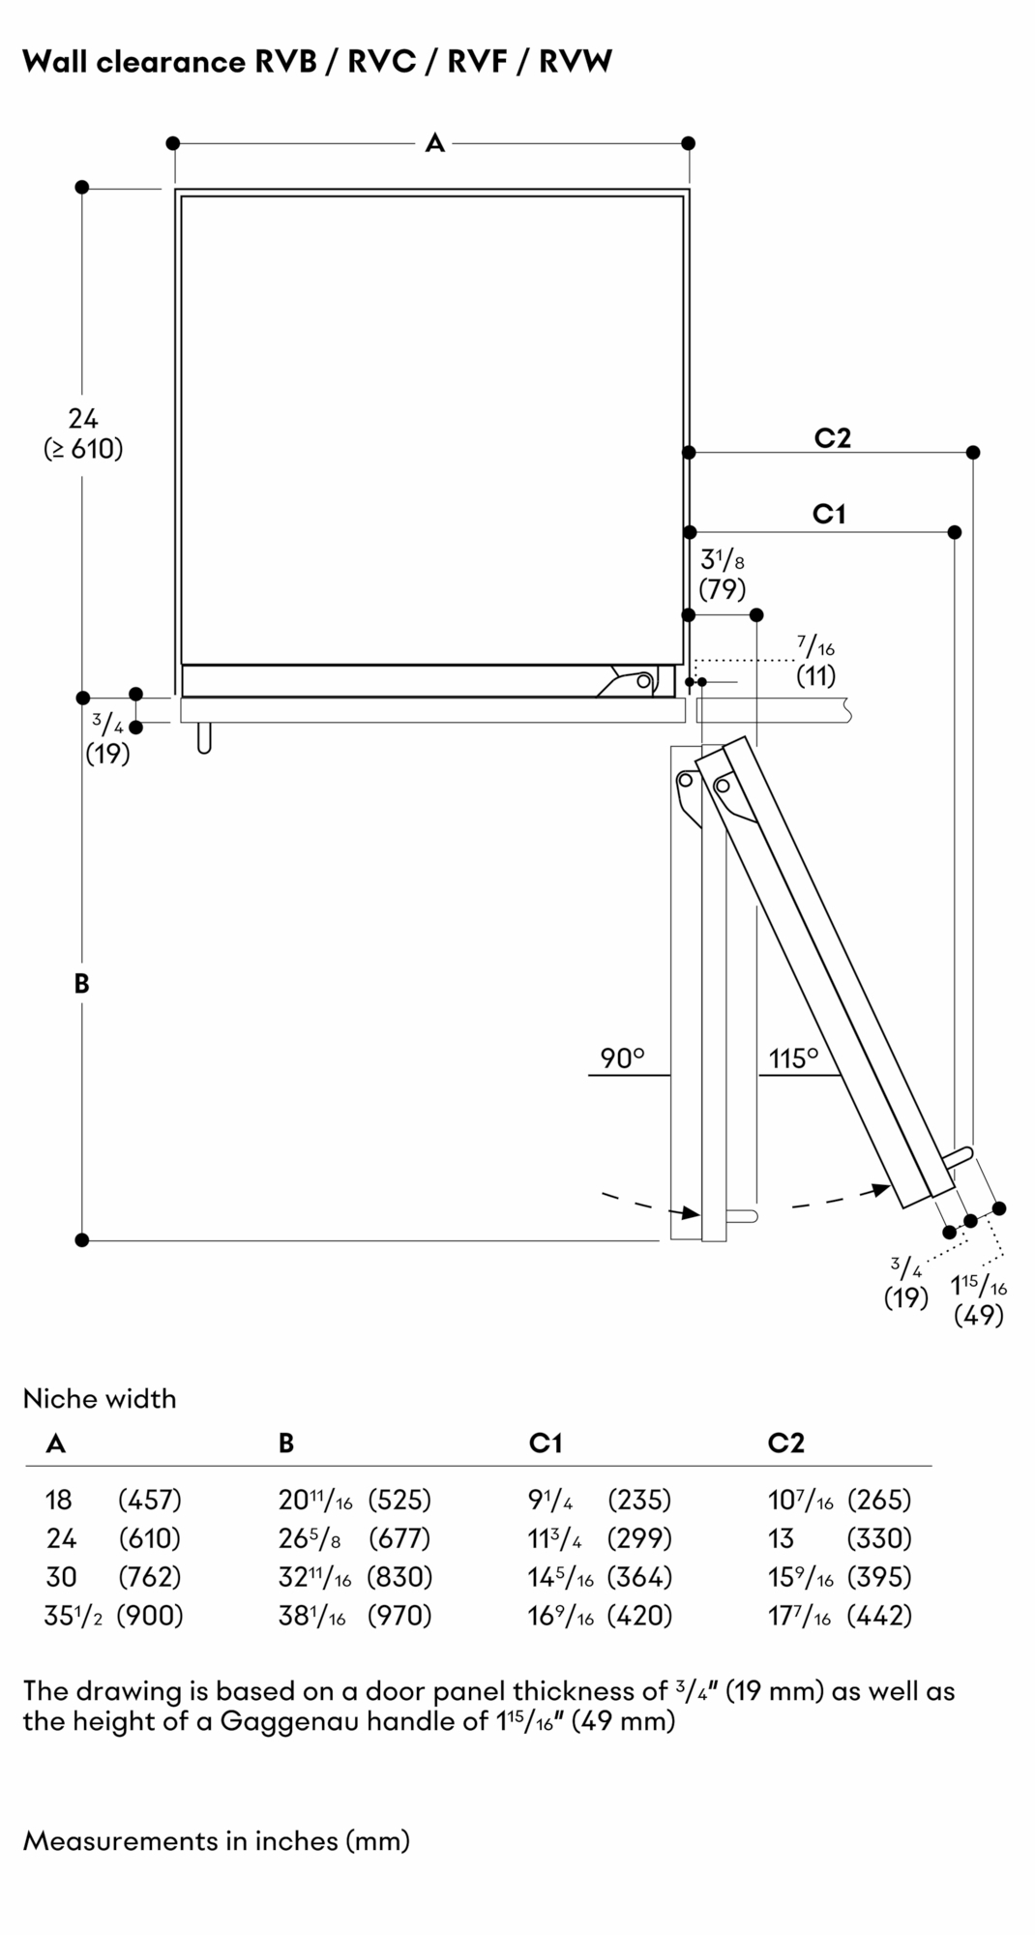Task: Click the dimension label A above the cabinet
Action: coord(434,143)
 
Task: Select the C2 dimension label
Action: coord(832,438)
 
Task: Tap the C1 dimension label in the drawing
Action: coord(829,514)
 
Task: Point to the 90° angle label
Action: coord(622,1058)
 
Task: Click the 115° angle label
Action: coord(793,1058)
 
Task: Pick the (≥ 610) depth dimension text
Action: coord(83,449)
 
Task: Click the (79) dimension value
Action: coord(722,588)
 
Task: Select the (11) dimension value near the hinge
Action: coord(815,675)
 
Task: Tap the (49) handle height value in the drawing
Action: coord(978,1315)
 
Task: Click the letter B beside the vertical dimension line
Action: coord(81,984)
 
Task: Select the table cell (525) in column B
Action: coord(399,1500)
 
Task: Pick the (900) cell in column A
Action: coord(150,1616)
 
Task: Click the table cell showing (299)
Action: coord(638,1538)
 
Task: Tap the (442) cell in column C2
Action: coord(878,1616)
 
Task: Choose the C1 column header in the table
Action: coord(545,1444)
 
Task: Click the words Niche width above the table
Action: coord(100,1398)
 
